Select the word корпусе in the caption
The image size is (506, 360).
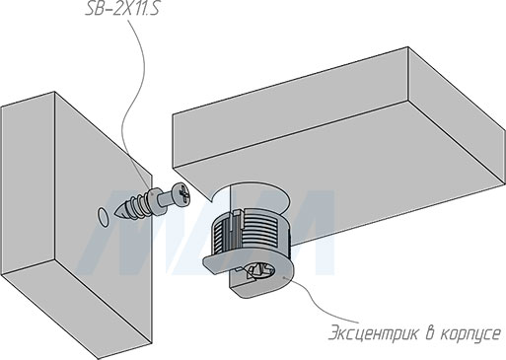click(x=469, y=332)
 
